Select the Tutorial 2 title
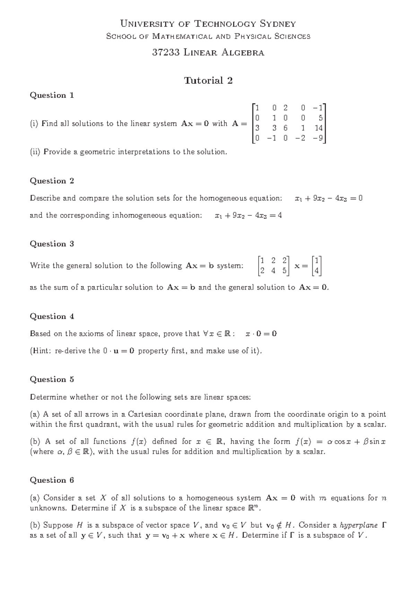[208, 80]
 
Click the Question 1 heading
[52, 95]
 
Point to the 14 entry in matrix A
[319, 128]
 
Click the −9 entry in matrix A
[318, 138]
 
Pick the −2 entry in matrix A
[301, 138]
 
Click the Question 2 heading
[52, 181]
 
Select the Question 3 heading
[52, 244]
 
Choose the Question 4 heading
[52, 316]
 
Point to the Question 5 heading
[52, 379]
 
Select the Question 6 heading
[52, 480]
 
